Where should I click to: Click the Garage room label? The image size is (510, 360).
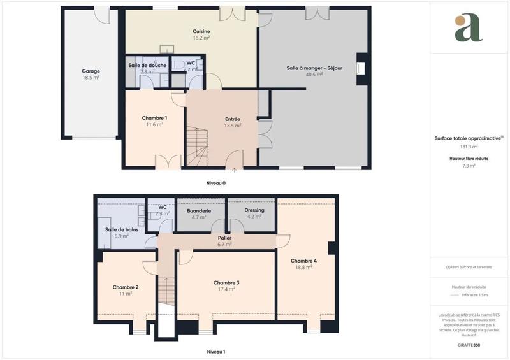click(x=91, y=71)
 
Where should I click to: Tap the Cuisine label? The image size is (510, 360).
click(x=201, y=31)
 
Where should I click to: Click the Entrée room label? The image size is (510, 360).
click(x=233, y=119)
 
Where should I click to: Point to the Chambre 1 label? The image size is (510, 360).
click(x=154, y=118)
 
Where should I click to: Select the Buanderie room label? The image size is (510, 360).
click(x=199, y=210)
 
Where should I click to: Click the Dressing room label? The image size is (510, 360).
click(x=254, y=210)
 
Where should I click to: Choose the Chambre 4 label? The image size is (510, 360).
click(x=303, y=261)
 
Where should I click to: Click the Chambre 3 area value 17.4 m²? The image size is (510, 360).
click(x=226, y=289)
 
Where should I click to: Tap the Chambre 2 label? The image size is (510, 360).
click(x=126, y=287)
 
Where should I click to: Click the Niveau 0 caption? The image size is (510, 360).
click(x=215, y=183)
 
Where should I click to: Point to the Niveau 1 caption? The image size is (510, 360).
click(x=215, y=352)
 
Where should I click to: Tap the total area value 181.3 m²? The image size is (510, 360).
click(x=469, y=147)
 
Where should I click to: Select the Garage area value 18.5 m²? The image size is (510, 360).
click(x=91, y=77)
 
